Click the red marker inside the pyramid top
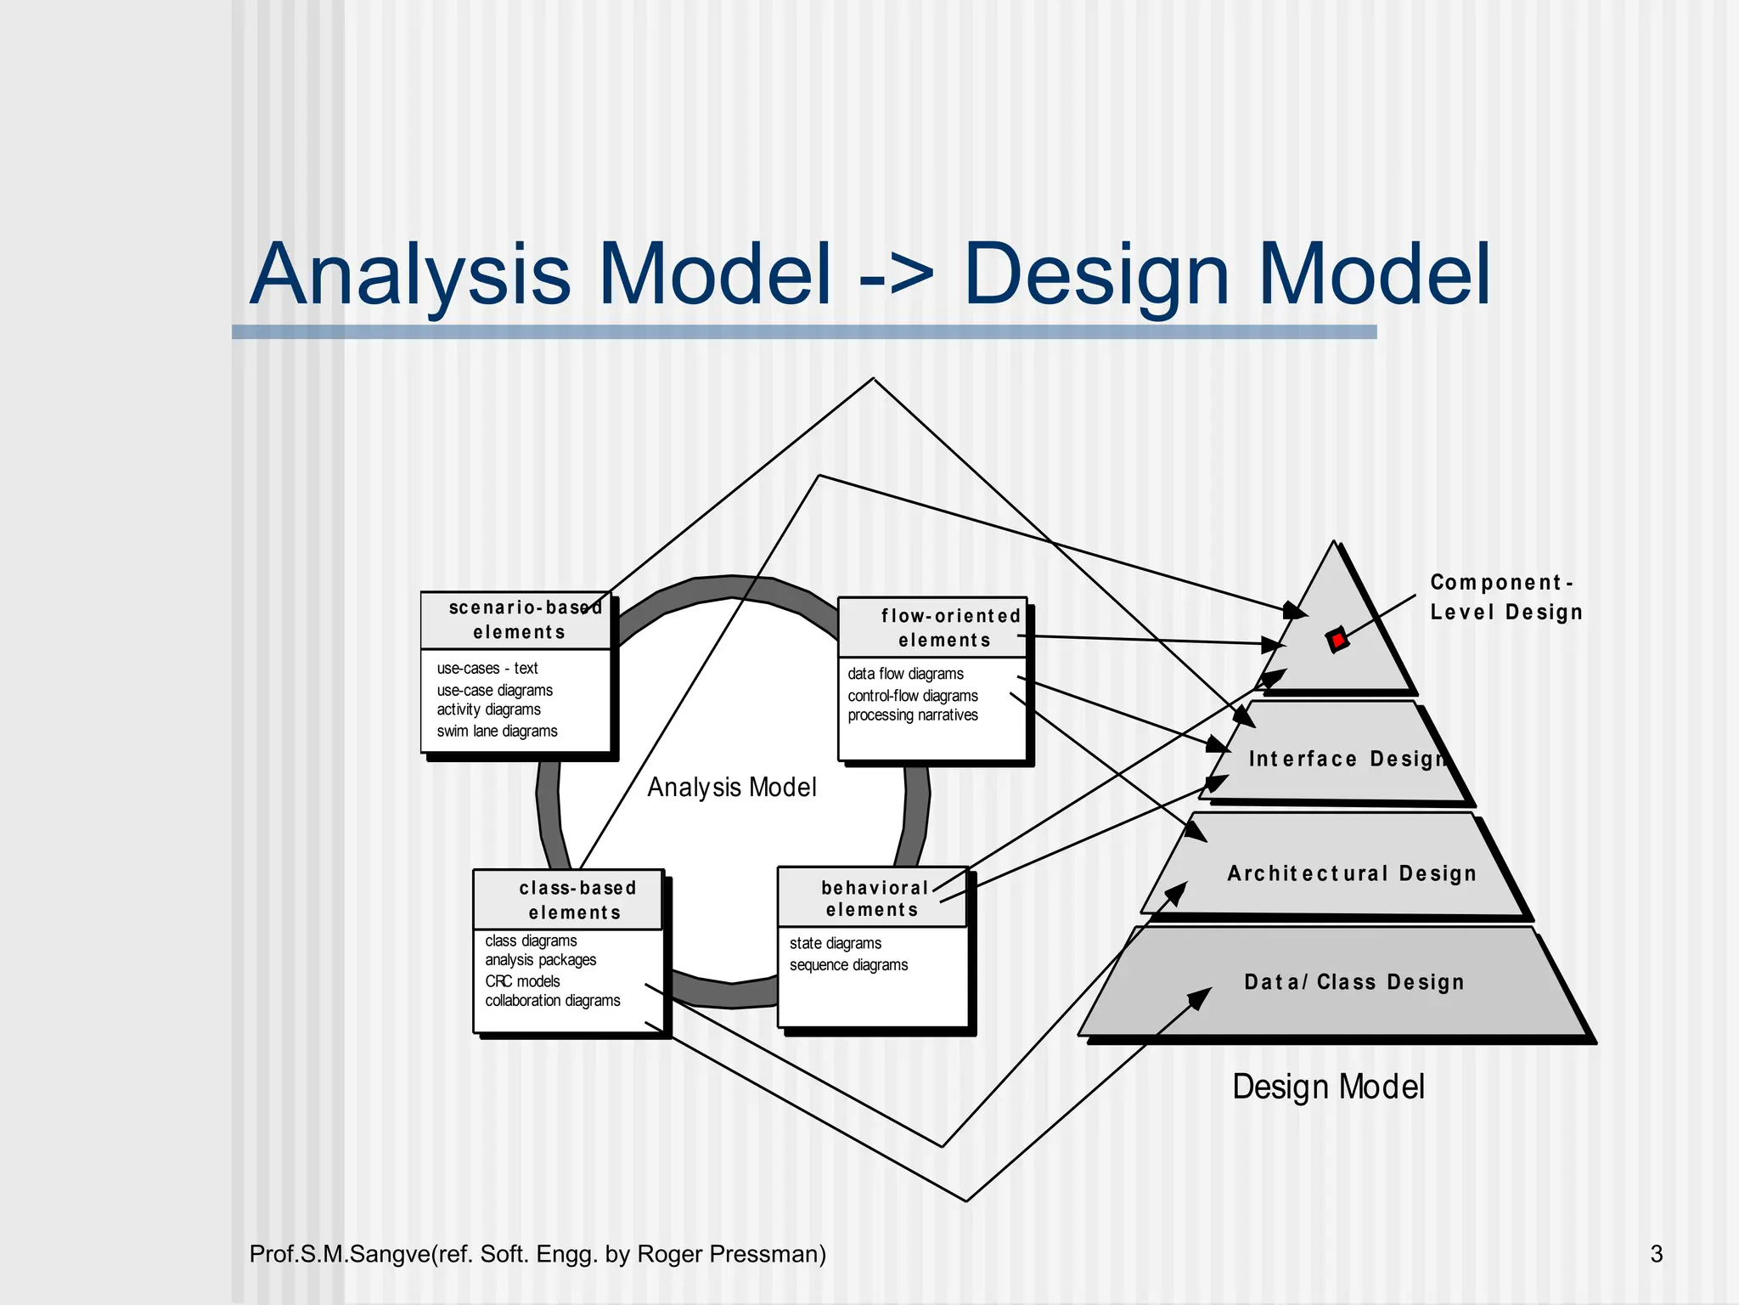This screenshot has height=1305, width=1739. tap(1337, 640)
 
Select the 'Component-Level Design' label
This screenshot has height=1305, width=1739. tap(1505, 597)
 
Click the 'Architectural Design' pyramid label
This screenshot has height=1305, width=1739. tap(1351, 873)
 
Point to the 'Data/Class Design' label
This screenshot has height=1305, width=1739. tap(1354, 982)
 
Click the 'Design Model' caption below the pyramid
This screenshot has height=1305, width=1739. tap(1328, 1087)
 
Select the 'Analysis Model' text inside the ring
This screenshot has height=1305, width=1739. tap(731, 788)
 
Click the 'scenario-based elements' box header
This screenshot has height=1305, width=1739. tap(519, 620)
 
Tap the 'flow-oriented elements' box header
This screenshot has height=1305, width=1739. tap(946, 628)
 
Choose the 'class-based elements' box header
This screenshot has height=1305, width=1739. tap(576, 901)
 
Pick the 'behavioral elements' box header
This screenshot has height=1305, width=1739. tap(873, 899)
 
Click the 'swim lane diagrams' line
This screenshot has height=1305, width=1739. tap(497, 731)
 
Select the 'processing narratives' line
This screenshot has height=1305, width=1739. tap(913, 715)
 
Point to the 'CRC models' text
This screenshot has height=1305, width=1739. tap(522, 981)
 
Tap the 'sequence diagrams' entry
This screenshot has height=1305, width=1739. tap(848, 965)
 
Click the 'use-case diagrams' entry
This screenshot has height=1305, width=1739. tap(494, 690)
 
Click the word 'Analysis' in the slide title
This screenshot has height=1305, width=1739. tap(409, 275)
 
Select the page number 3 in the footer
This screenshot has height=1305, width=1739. tap(1656, 1254)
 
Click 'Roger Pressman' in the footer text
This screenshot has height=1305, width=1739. tap(730, 1254)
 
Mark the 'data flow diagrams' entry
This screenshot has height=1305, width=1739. tap(905, 674)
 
